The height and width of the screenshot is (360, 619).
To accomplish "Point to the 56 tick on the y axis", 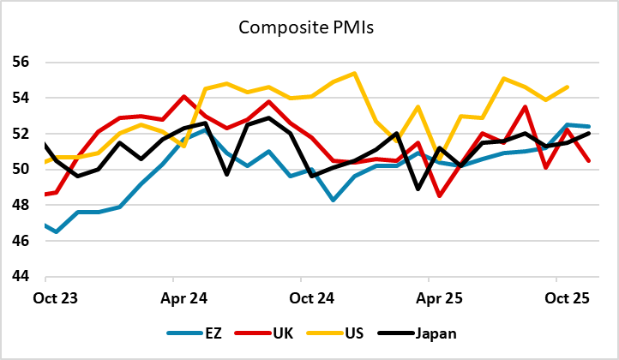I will coord(21,63).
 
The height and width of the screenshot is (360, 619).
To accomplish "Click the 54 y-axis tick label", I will coord(21,98).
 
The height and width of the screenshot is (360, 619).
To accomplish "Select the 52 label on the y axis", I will coord(21,134).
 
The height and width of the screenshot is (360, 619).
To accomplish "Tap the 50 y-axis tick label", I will coord(21,170).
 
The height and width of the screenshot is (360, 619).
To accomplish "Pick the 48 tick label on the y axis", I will coord(21,206).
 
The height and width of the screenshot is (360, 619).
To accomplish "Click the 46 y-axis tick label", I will coord(21,241).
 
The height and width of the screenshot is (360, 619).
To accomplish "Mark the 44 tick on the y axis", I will coord(21,277).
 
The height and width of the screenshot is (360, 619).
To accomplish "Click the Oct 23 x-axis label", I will coord(45,299).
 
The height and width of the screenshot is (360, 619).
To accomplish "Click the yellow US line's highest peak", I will coord(354,74).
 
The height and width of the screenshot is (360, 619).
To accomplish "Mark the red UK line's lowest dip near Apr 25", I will coord(440,196).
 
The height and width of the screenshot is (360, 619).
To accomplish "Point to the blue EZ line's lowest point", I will coord(57,231).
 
